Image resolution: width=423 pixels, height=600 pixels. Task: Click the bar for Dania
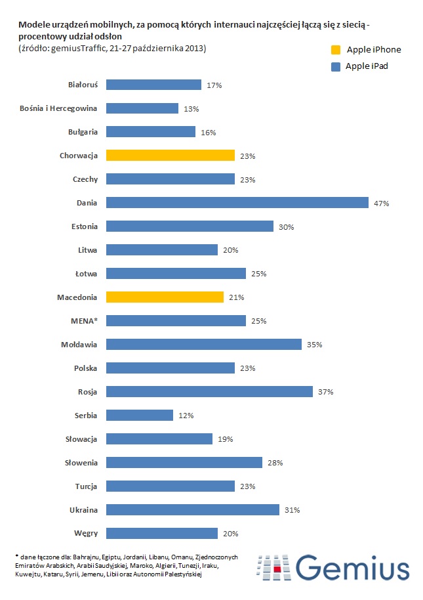pyautogui.click(x=237, y=203)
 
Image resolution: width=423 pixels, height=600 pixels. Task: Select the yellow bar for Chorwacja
pyautogui.click(x=170, y=156)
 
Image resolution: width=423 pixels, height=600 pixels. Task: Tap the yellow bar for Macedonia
pyautogui.click(x=165, y=297)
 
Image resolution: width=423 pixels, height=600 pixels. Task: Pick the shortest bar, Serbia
pyautogui.click(x=139, y=416)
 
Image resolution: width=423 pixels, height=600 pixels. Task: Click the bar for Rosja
pyautogui.click(x=209, y=392)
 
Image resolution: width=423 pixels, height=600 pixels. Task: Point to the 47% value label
pyautogui.click(x=382, y=204)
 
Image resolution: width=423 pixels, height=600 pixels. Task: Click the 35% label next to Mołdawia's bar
pyautogui.click(x=315, y=345)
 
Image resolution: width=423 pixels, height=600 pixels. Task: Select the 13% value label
pyautogui.click(x=191, y=109)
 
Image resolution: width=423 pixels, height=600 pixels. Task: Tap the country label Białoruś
pyautogui.click(x=83, y=85)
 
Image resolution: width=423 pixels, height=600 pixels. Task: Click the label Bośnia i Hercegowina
pyautogui.click(x=59, y=108)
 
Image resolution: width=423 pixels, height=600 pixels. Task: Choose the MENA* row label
pyautogui.click(x=83, y=320)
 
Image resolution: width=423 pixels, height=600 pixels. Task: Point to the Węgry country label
pyautogui.click(x=85, y=533)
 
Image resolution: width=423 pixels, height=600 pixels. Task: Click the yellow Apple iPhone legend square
pyautogui.click(x=336, y=50)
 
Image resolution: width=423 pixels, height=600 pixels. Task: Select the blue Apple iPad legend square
pyautogui.click(x=336, y=66)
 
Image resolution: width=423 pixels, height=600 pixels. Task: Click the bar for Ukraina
pyautogui.click(x=192, y=510)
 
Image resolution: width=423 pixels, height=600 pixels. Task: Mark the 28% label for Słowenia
pyautogui.click(x=275, y=463)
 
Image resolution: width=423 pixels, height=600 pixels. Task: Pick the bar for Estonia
pyautogui.click(x=190, y=226)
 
